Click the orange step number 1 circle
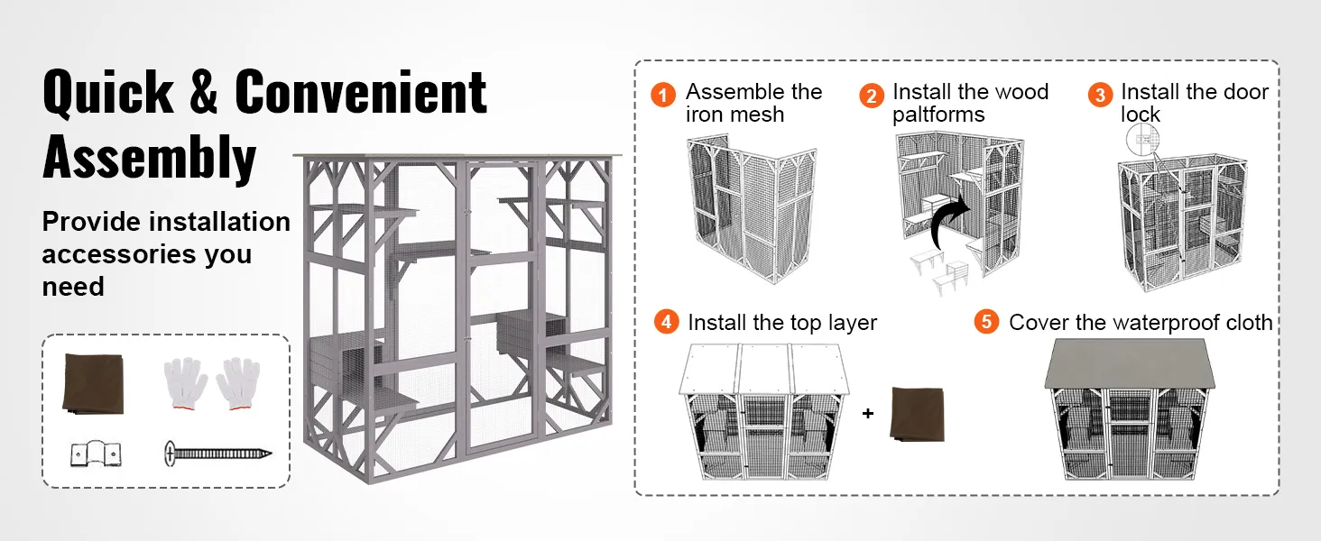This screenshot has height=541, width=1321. click(x=663, y=95)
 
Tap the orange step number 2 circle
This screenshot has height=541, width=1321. click(x=871, y=96)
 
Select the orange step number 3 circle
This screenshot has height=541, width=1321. click(x=1100, y=95)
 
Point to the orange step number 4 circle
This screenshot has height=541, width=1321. click(x=666, y=322)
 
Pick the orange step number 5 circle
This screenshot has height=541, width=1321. click(x=987, y=322)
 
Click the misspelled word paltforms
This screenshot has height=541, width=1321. click(x=938, y=115)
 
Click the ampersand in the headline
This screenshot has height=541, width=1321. click(x=204, y=92)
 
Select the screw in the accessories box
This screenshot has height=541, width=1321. click(x=218, y=453)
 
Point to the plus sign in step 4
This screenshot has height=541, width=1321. click(x=868, y=414)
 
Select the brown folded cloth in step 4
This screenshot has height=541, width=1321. click(x=917, y=414)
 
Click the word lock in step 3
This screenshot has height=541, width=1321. click(x=1141, y=115)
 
